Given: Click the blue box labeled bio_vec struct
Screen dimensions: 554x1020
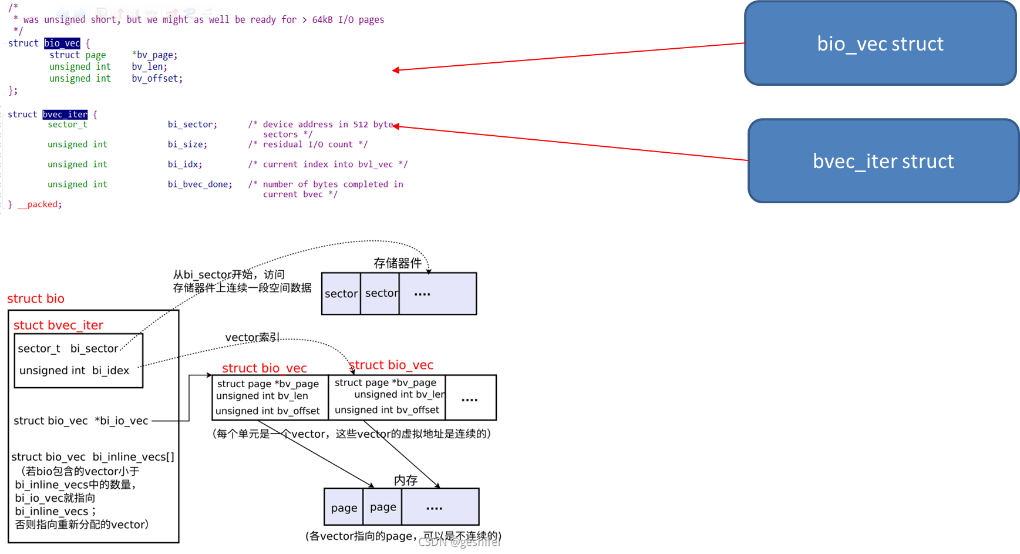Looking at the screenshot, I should (x=880, y=43).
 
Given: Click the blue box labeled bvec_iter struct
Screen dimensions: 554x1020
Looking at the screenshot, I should (x=883, y=161).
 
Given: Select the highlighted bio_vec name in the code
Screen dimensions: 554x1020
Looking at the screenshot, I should (x=62, y=43).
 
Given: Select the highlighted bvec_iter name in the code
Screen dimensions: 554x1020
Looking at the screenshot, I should (x=65, y=115).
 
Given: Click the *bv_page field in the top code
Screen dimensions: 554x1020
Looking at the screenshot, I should (x=154, y=55).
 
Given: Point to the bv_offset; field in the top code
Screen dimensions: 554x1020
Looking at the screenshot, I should (x=157, y=79).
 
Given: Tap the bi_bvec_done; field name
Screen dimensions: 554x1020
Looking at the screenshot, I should (x=200, y=184).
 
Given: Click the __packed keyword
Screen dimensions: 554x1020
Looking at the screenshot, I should (x=39, y=204).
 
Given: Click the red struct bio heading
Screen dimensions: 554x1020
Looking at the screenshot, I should (x=36, y=298).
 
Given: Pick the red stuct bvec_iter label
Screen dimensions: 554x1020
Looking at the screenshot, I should (x=58, y=325).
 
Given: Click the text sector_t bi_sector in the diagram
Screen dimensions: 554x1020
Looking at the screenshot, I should (x=68, y=348).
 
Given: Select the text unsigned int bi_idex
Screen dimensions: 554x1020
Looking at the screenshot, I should (x=74, y=371).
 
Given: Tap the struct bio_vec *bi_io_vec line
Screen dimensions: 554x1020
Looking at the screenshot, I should (x=81, y=421).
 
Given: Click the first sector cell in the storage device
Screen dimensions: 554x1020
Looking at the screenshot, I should (x=341, y=294).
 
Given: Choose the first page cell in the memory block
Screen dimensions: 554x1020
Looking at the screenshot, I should (x=344, y=508).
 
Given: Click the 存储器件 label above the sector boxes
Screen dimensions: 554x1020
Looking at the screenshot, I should (x=398, y=263).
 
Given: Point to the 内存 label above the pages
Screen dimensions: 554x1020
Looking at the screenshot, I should (x=406, y=480).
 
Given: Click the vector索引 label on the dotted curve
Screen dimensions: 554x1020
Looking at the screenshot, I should (x=252, y=337).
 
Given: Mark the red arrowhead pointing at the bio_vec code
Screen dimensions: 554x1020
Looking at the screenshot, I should (x=395, y=70).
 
